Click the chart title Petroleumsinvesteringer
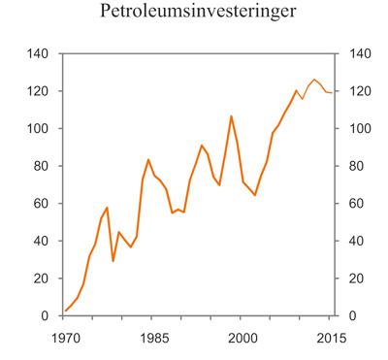pos(194,14)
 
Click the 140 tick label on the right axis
pos(359,54)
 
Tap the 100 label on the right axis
pos(359,129)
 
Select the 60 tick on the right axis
pos(356,204)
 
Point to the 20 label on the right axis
pos(356,278)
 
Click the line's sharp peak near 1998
pos(231,116)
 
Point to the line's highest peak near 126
pos(313,80)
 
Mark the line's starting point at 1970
pos(65,311)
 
